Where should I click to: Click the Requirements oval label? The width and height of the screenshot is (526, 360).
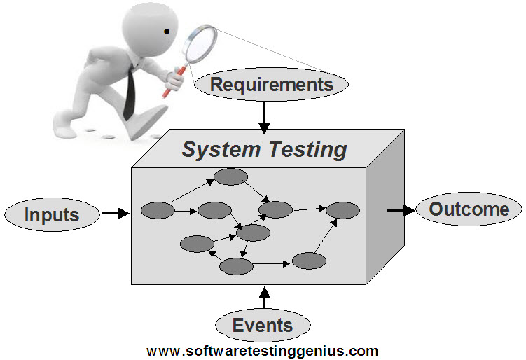[x=270, y=85]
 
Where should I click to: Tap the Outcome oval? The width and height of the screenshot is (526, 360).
[x=469, y=209]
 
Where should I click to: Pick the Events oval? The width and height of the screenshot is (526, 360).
[x=263, y=325]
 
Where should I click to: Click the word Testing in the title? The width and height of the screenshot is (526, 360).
[x=308, y=149]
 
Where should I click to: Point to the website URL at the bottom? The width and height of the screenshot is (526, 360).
[x=263, y=351]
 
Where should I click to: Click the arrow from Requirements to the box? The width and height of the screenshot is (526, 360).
[x=263, y=116]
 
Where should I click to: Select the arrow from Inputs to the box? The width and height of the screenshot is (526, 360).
[x=115, y=212]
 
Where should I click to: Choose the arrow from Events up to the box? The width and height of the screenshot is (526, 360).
[x=263, y=297]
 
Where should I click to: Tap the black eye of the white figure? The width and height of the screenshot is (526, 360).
[x=167, y=31]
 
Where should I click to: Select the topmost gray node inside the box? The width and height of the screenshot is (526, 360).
[x=230, y=176]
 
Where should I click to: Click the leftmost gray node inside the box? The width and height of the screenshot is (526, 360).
[x=157, y=209]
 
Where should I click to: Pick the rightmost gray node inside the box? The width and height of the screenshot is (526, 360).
[x=342, y=209]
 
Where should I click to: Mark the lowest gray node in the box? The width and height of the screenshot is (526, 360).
[x=236, y=266]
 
